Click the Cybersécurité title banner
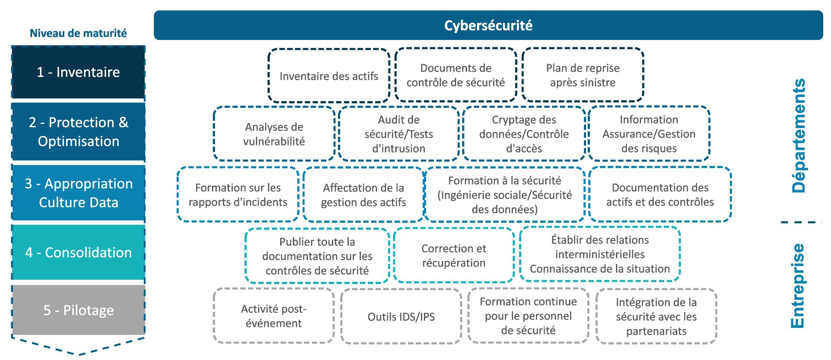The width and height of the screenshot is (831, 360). click(488, 25)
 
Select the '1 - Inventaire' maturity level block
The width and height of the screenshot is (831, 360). click(78, 72)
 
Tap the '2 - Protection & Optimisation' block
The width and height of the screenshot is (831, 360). click(78, 132)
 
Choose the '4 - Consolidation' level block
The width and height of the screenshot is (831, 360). click(78, 252)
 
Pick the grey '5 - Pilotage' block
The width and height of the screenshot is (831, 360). click(78, 310)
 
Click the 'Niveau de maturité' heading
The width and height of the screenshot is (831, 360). click(78, 33)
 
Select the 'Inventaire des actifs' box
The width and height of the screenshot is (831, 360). click(329, 76)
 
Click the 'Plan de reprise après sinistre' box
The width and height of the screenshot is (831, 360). click(583, 75)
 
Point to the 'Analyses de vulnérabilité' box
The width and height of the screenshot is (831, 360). click(274, 134)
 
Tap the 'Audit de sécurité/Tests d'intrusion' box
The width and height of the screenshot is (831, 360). click(399, 134)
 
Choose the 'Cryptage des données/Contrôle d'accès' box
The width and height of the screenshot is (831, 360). click(524, 134)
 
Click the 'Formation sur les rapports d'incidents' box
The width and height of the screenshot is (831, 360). click(238, 195)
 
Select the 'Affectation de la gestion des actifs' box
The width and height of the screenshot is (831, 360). click(363, 195)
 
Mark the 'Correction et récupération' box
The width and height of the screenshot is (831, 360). click(454, 255)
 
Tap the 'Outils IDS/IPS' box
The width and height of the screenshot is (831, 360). click(401, 317)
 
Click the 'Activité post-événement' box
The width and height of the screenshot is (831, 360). click(274, 316)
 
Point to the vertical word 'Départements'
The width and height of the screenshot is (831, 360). click(798, 135)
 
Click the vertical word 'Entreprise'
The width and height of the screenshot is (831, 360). click(798, 286)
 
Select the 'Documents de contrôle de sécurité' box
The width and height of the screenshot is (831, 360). click(456, 75)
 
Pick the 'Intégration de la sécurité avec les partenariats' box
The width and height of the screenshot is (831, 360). click(656, 317)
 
